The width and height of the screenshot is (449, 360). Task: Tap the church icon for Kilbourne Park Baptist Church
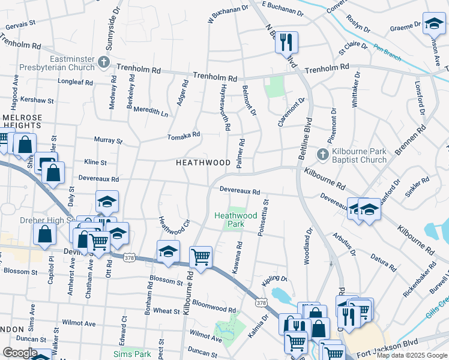tap(323, 155)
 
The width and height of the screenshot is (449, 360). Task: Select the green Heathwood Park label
tap(236, 220)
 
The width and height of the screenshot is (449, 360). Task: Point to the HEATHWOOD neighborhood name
tap(203, 163)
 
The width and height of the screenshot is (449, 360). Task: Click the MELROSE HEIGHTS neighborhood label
tap(21, 121)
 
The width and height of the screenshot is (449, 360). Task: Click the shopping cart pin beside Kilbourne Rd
tap(200, 257)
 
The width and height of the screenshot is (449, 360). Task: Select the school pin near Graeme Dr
tap(433, 24)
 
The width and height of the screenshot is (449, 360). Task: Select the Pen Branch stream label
tap(387, 53)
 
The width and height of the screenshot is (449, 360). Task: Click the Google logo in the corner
tap(20, 353)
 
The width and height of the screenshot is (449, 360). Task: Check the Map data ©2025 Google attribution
tap(411, 355)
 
